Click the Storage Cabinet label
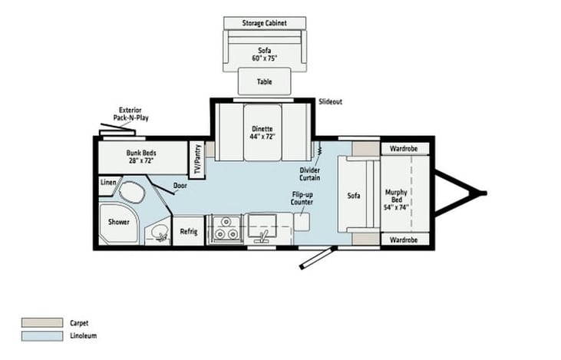[x=265, y=23]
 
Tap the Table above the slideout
[x=265, y=81]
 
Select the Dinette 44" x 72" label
[x=262, y=132]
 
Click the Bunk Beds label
[x=141, y=157]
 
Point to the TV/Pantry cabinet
[x=196, y=160]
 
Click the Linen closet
[x=108, y=185]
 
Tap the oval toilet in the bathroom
[x=131, y=193]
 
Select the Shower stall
[x=118, y=224]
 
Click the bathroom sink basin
[x=160, y=233]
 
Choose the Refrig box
[x=189, y=231]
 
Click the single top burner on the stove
[x=226, y=223]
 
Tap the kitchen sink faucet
[x=264, y=236]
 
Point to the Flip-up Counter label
[x=302, y=198]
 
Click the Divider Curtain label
[x=310, y=174]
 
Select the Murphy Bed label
[x=397, y=200]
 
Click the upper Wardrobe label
[x=404, y=148]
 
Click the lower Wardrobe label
[x=404, y=239]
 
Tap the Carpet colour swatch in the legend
[x=42, y=322]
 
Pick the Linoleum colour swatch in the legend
[x=42, y=335]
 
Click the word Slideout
[x=330, y=101]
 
